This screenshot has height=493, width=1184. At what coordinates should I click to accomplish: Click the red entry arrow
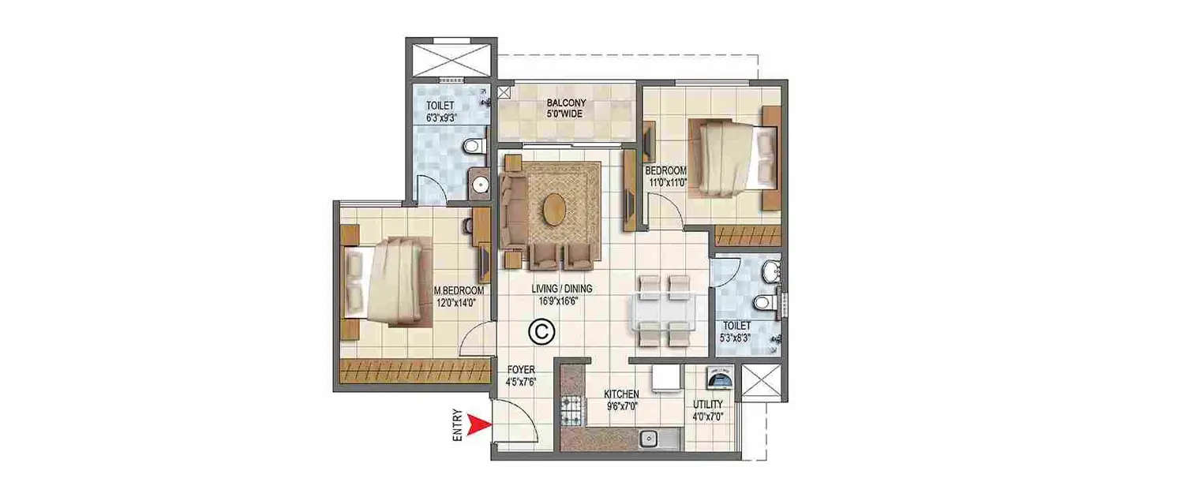pos(475,427)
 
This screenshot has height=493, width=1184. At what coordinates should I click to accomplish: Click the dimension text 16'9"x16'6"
pos(560,301)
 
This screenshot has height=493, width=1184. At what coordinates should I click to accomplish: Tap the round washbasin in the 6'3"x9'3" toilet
pos(481,186)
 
